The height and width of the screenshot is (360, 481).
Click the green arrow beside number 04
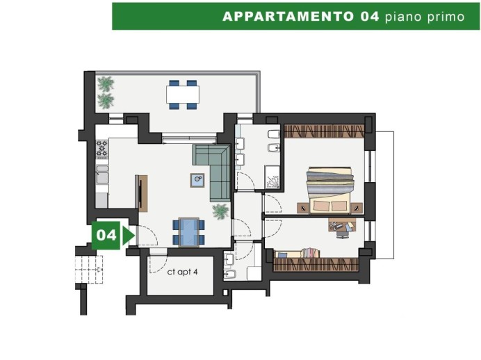pos(127,236)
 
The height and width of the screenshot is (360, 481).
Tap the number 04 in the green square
pos(106,236)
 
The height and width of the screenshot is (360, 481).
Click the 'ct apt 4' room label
pos(183,272)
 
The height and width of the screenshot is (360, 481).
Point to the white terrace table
pos(183,93)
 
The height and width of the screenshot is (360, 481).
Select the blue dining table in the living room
pos(188,231)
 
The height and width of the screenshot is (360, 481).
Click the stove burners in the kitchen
pos(102,149)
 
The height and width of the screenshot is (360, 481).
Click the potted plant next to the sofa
pos(221,211)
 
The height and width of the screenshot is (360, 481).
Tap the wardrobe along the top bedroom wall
pos(324,131)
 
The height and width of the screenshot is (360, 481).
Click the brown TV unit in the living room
pos(142,193)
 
